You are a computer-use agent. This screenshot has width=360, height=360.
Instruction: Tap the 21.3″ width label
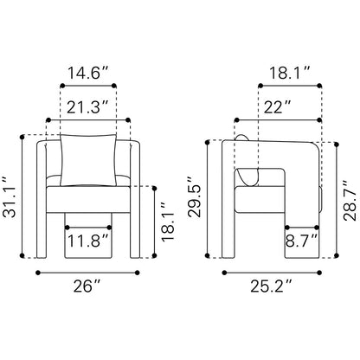click(x=87, y=107)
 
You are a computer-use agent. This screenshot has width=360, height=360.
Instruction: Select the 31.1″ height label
click(x=10, y=197)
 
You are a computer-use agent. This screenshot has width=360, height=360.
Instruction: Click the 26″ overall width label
click(x=87, y=286)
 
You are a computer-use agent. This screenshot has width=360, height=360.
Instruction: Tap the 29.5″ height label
click(x=194, y=196)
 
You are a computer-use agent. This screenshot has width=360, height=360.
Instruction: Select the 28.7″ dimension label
click(x=350, y=201)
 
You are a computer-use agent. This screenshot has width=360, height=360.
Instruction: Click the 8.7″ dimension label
click(x=302, y=241)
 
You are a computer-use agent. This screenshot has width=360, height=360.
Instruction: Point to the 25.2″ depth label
click(x=271, y=286)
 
